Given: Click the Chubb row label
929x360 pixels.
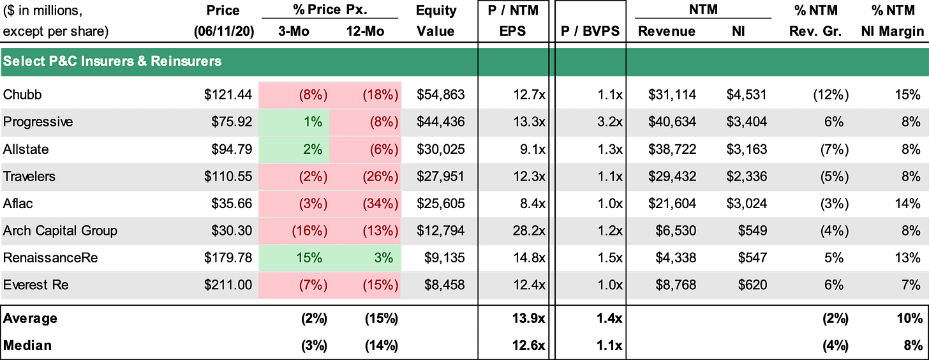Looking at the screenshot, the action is (22, 94).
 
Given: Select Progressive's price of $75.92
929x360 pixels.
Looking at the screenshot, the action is (232, 122).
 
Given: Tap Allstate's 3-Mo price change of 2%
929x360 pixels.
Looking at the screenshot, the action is (312, 149).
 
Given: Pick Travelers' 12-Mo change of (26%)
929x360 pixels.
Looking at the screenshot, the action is (380, 177).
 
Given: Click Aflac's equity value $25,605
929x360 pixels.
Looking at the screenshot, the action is (440, 204).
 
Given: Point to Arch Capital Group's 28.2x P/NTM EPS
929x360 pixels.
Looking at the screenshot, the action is (529, 230).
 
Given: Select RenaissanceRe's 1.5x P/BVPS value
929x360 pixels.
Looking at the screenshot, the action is (610, 258).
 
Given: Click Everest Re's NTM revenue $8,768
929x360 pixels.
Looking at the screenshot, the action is (676, 285).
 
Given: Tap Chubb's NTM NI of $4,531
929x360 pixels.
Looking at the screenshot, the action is (747, 94).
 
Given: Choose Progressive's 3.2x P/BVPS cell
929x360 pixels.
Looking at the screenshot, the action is (610, 122).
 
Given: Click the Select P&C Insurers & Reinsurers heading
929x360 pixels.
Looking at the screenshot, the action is (112, 61).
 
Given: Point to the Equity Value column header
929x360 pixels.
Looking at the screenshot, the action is (436, 20).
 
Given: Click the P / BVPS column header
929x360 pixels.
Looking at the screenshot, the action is (590, 31).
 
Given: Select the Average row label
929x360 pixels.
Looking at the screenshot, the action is (30, 319).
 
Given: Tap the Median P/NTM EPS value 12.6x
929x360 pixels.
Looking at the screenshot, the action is (528, 345).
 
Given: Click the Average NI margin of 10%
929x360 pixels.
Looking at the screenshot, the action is (910, 319).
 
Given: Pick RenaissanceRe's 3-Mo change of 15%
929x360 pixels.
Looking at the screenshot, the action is (309, 258).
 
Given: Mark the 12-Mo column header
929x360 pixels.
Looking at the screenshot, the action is (365, 31).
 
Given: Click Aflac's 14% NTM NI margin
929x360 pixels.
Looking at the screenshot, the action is (907, 204).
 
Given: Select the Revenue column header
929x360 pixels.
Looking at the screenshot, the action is (667, 31).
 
